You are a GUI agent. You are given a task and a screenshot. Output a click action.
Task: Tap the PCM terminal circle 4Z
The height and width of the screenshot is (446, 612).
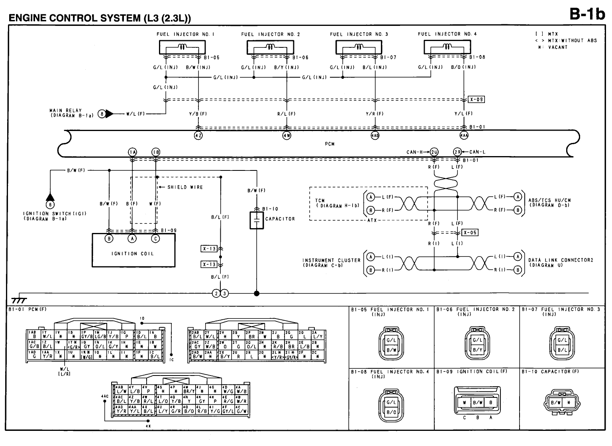tap(198, 135)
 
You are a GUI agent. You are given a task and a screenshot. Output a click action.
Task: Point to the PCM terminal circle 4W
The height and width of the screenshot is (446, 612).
tap(286, 135)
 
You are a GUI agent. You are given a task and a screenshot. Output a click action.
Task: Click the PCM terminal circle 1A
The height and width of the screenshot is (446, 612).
tap(132, 152)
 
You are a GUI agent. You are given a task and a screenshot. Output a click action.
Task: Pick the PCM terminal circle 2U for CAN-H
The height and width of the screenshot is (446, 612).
tap(434, 152)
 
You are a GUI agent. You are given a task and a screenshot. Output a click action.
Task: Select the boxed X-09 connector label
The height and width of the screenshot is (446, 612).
tap(477, 100)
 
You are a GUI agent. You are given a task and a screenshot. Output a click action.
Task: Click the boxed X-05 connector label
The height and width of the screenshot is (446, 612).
tap(470, 233)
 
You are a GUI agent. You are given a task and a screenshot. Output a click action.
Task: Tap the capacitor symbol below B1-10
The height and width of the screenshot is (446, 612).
tap(257, 220)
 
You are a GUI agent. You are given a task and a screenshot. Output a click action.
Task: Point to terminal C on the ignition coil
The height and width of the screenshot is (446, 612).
tap(156, 239)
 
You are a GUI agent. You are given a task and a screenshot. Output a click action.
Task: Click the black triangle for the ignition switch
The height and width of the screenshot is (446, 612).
tap(50, 196)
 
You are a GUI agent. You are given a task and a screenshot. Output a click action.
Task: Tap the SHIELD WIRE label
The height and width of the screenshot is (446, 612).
tap(185, 187)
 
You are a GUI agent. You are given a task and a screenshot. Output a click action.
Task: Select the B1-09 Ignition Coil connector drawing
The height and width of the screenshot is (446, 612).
tap(477, 402)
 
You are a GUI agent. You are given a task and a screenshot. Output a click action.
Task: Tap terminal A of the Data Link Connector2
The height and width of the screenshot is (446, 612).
tap(518, 256)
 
